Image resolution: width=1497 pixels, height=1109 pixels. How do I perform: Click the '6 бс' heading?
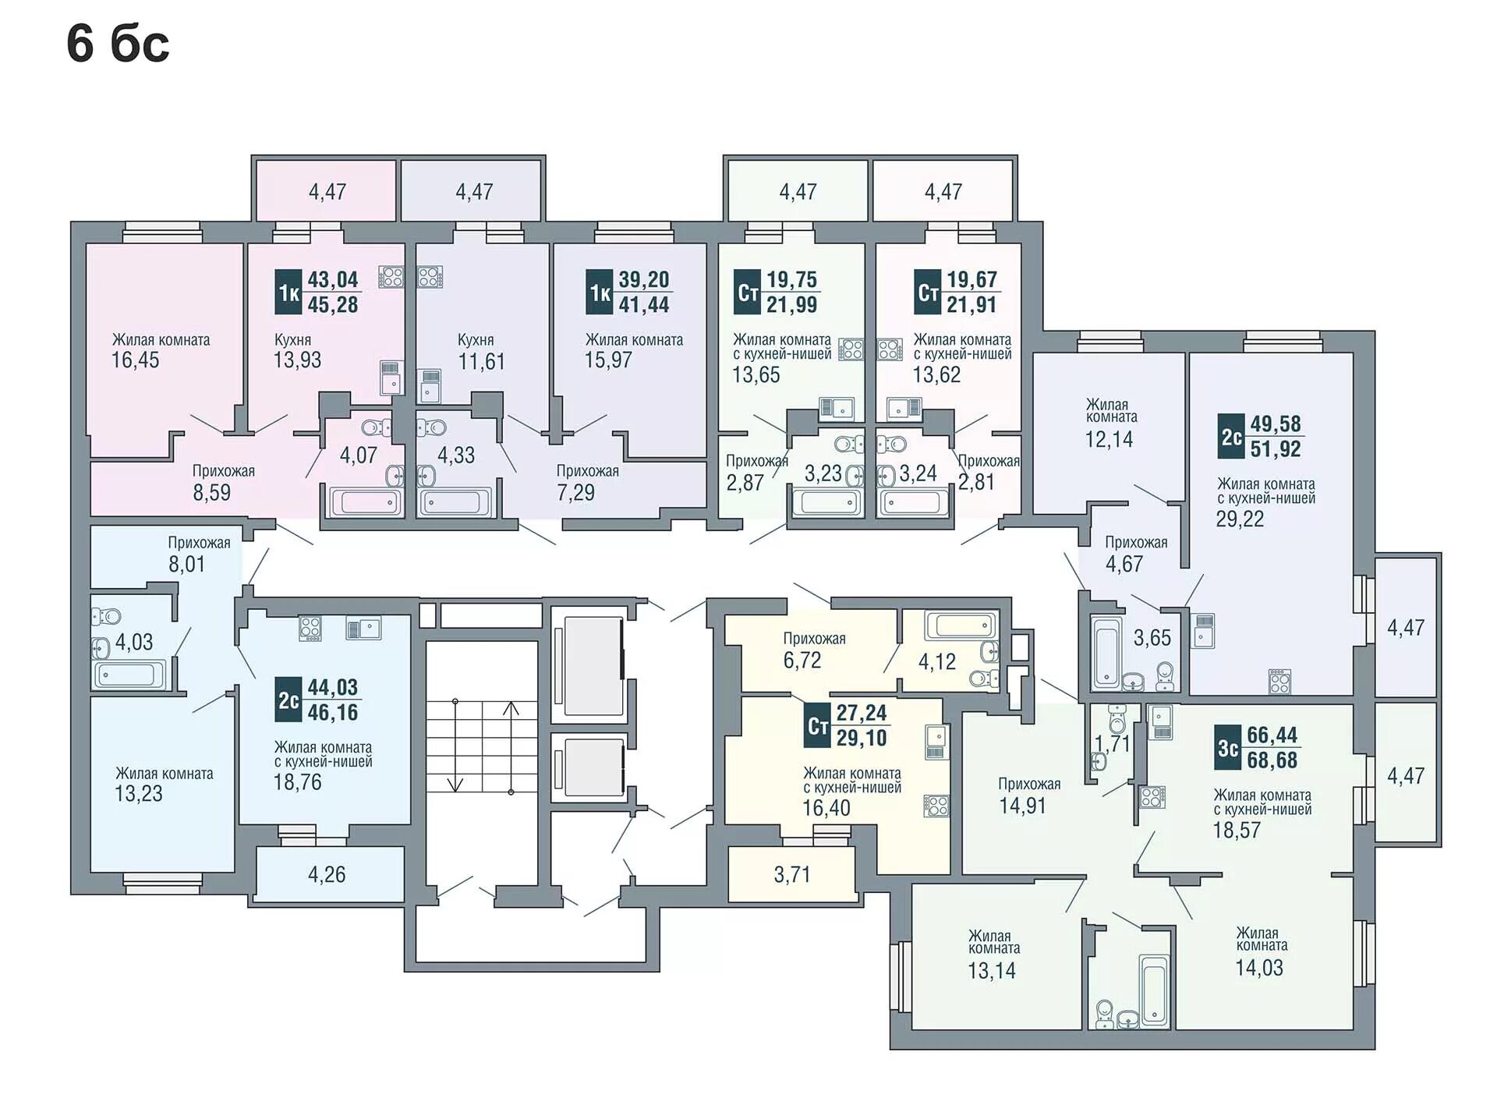point(118,44)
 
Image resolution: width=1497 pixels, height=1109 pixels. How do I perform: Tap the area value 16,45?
point(135,360)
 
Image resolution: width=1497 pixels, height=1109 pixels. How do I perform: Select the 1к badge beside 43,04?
point(288,292)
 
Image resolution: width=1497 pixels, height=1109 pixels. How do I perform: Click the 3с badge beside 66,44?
point(1228,749)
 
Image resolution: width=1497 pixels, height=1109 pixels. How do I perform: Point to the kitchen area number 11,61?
point(482,362)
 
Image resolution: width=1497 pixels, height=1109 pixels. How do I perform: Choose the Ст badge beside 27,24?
point(818,726)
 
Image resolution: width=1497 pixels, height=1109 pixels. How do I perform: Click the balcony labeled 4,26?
point(327,874)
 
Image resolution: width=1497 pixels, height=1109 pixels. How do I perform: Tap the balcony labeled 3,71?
point(792,874)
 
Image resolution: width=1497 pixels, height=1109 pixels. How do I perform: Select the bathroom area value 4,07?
point(358,455)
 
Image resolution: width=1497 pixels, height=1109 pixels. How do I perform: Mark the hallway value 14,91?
point(1023,806)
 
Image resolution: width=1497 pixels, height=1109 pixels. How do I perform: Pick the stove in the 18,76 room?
point(310,629)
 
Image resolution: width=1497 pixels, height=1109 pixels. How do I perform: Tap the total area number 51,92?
point(1276,448)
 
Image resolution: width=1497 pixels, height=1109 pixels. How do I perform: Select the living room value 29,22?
point(1240,519)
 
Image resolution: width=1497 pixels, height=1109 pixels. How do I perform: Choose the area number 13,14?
point(992,970)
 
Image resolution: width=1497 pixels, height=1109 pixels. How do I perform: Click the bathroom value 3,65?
point(1152,638)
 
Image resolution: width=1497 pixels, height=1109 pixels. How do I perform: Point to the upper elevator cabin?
point(593,665)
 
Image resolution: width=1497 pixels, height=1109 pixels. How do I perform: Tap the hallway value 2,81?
point(976,482)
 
